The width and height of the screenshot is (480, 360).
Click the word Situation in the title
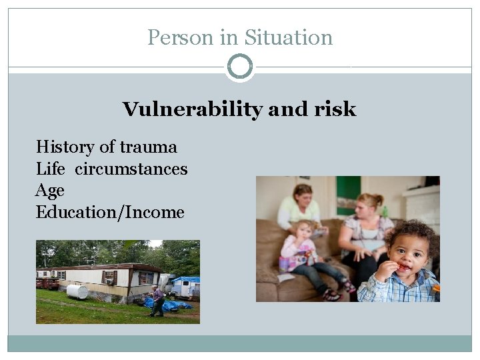tap(289, 37)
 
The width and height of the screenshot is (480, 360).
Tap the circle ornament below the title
tap(240, 67)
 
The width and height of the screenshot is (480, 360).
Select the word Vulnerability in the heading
tap(193, 109)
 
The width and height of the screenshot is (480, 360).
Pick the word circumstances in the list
tap(131, 169)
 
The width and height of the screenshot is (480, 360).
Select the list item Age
tap(50, 191)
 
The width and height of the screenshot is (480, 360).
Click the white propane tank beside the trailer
tap(77, 292)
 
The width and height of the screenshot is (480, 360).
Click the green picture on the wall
tap(348, 193)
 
